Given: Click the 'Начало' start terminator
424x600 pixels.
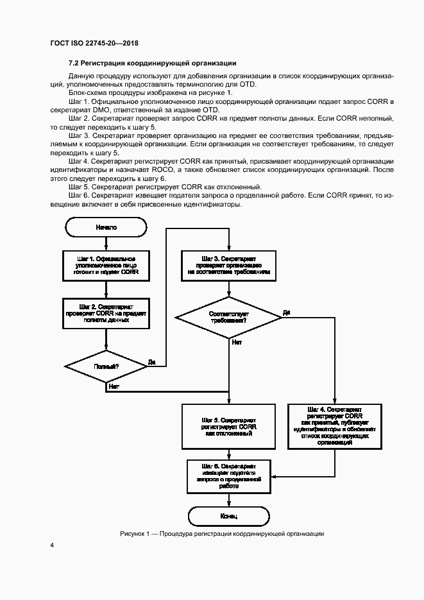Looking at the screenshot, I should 106,227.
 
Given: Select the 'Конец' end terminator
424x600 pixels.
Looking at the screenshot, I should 228,515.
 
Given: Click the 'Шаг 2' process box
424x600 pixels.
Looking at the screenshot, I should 106,313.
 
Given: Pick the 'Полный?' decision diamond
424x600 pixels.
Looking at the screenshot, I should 106,366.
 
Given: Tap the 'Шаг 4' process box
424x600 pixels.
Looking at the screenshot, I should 335,426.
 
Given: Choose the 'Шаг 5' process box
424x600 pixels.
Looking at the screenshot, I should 228,426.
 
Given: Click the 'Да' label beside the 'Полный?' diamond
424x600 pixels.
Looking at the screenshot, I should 152,363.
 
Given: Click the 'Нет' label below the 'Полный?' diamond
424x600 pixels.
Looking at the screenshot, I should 114,386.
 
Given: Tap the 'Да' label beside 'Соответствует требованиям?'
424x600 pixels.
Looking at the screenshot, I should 286,313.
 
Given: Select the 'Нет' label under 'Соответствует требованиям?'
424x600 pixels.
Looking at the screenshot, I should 237,343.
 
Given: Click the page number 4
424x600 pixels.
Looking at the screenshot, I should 52,546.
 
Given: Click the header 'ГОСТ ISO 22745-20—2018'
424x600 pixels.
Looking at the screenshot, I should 94,44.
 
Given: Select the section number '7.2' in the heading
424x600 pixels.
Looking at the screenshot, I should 74,63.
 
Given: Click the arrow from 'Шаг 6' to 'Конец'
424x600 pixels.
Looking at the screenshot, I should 228,499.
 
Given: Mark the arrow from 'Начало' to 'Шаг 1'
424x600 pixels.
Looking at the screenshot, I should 106,243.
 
